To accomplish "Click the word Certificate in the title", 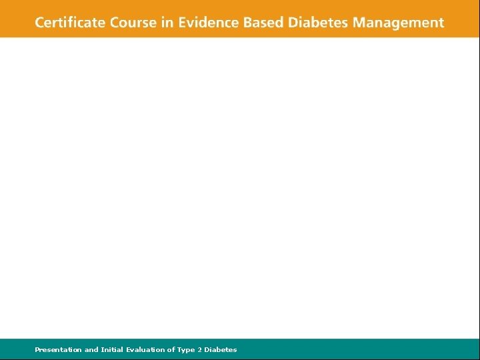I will (69, 23).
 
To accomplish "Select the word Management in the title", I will (398, 23).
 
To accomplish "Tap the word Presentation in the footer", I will (59, 349).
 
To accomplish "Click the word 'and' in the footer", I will (91, 349).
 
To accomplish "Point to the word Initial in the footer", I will (112, 349).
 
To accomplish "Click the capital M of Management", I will (359, 23).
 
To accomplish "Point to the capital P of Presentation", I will (37, 349).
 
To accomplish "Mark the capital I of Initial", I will (101, 349).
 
